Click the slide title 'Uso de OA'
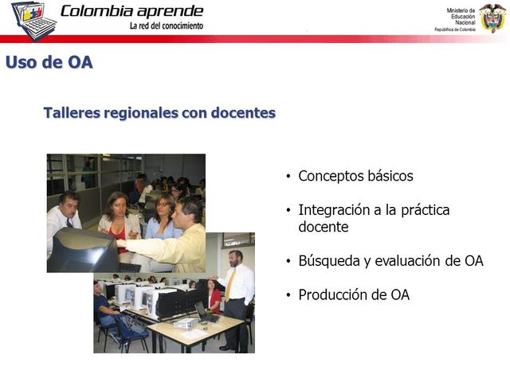pyautogui.click(x=49, y=62)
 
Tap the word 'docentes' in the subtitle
pyautogui.click(x=243, y=113)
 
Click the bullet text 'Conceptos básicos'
pyautogui.click(x=355, y=176)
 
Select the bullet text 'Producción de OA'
pyautogui.click(x=354, y=295)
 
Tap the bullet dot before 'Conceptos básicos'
pyautogui.click(x=288, y=177)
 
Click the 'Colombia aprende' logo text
pyautogui.click(x=131, y=11)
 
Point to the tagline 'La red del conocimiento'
pyautogui.click(x=166, y=25)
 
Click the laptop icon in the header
pyautogui.click(x=33, y=20)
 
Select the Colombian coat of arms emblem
pyautogui.click(x=492, y=17)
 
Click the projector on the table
pyautogui.click(x=182, y=322)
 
